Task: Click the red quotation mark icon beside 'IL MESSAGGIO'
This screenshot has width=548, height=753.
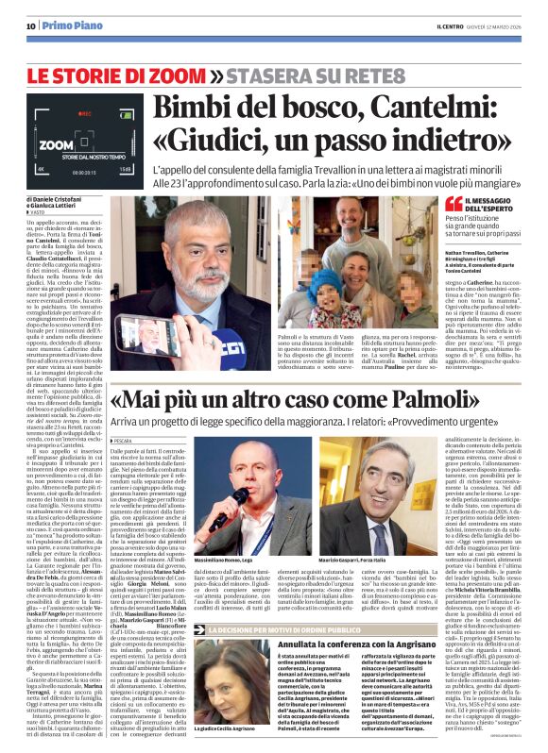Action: click(454, 204)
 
